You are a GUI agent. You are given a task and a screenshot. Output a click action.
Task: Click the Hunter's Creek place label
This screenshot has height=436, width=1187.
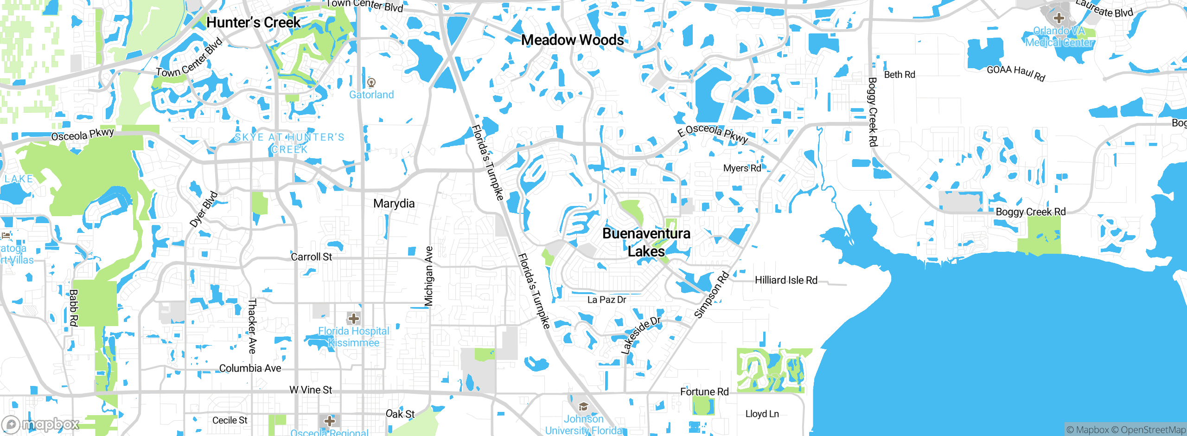click(253, 22)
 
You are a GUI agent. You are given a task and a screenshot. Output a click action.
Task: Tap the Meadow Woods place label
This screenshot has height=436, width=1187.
click(572, 40)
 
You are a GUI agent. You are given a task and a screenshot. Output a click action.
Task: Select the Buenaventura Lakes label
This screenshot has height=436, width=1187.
click(646, 242)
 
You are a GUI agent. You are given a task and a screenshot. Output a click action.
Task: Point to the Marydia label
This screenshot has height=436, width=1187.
click(394, 204)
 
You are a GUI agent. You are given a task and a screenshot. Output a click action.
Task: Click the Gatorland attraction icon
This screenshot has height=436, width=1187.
click(371, 83)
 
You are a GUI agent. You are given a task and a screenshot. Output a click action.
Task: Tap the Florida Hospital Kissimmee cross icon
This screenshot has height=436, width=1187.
click(354, 319)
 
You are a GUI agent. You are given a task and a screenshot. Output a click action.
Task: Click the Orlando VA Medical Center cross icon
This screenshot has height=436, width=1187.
click(1059, 19)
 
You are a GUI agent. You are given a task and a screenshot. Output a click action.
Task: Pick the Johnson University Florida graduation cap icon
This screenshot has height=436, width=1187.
click(583, 407)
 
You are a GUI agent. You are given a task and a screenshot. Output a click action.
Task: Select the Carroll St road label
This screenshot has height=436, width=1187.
click(311, 257)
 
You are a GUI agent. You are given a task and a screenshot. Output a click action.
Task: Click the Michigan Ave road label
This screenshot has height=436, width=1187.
click(429, 276)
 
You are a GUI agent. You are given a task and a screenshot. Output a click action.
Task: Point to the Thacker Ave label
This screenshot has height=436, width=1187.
click(252, 326)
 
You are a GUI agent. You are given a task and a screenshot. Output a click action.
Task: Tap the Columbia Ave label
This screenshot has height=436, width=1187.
click(250, 368)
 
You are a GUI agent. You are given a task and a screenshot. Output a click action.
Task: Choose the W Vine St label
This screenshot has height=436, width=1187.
click(311, 390)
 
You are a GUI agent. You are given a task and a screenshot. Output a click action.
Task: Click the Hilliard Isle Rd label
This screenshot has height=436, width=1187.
click(786, 280)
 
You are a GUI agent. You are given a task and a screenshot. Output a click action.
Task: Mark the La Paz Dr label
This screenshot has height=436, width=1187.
click(606, 300)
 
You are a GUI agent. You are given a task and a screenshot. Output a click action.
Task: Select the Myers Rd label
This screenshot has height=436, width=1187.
click(742, 168)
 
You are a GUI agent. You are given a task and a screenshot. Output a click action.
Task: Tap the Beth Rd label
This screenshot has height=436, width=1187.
click(900, 75)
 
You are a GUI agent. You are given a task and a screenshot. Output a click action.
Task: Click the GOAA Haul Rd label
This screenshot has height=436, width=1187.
click(1016, 73)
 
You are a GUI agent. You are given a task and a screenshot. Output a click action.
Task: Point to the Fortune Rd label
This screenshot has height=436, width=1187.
click(704, 392)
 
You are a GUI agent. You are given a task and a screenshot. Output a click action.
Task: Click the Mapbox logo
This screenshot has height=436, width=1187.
click(41, 424)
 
